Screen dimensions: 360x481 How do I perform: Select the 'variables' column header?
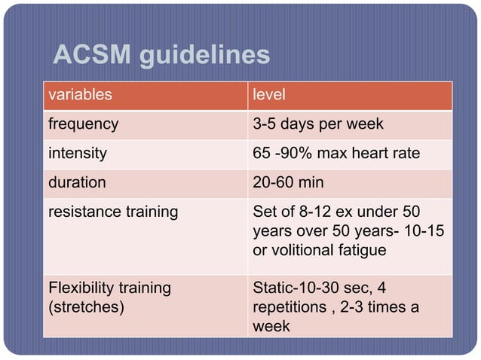(x=80, y=96)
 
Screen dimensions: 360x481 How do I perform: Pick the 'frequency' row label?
(x=83, y=124)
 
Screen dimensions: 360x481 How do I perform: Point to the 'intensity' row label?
(x=78, y=153)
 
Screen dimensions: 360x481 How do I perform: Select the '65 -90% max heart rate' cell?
(x=335, y=153)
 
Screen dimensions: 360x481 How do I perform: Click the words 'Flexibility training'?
(x=109, y=288)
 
